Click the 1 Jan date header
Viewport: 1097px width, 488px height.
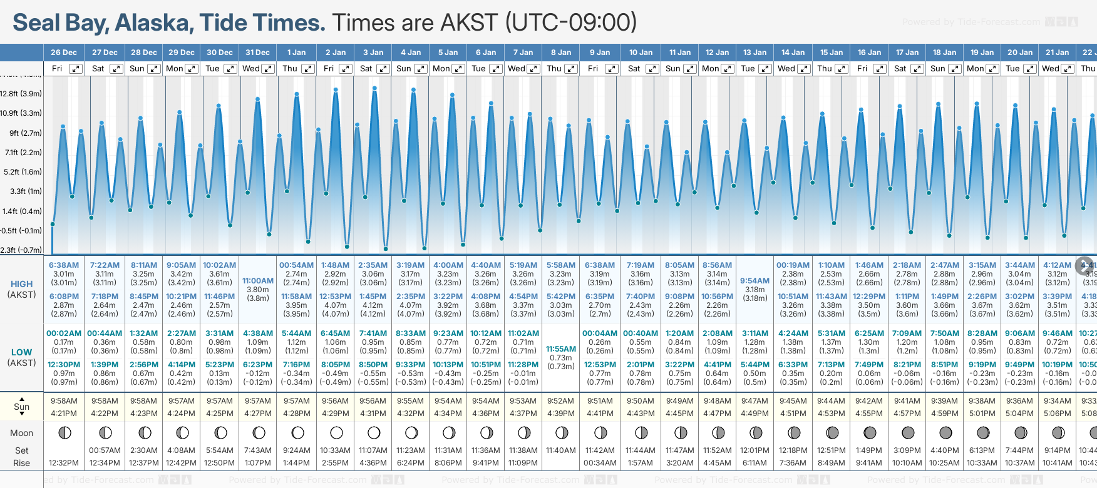pos(296,53)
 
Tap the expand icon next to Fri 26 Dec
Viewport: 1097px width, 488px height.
pos(76,69)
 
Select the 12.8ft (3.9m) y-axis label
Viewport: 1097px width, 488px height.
pos(21,94)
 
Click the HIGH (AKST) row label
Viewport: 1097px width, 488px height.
pos(22,289)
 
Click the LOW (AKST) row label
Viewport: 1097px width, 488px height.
pos(22,357)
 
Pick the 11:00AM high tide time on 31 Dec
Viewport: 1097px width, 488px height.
pos(258,281)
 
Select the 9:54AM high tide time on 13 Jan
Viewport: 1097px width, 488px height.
pos(755,281)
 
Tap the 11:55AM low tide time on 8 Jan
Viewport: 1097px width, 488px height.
pos(561,349)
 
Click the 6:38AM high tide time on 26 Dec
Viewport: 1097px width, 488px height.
pos(64,265)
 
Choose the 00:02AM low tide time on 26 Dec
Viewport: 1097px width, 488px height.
pos(64,333)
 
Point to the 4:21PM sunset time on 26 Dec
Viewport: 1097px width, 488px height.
pos(64,414)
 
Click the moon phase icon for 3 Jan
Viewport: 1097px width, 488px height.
pos(374,432)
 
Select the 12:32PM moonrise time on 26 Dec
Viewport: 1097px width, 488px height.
pos(64,463)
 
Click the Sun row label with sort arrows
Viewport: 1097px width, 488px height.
pos(22,407)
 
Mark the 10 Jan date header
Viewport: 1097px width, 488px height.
pos(641,53)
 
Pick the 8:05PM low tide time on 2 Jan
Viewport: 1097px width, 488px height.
pos(336,365)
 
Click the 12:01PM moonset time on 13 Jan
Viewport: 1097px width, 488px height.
pos(755,450)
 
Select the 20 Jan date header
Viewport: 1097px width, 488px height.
pos(1020,53)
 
